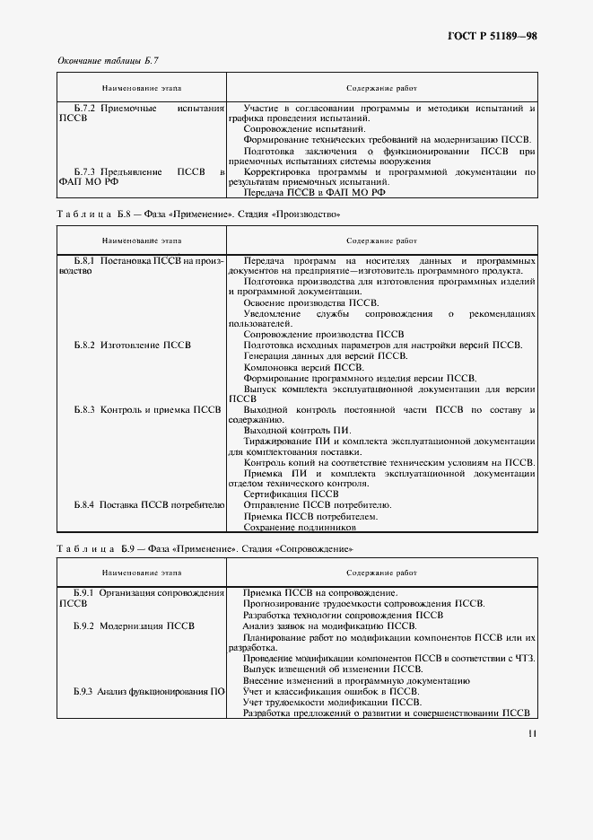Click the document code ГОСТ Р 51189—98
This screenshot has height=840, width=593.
point(493,36)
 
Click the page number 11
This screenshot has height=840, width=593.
point(532,733)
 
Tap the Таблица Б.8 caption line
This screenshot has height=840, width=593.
point(198,214)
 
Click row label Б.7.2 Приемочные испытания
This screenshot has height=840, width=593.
point(141,113)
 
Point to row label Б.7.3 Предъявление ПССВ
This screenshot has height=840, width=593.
point(141,175)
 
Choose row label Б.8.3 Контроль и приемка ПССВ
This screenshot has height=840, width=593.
point(147,409)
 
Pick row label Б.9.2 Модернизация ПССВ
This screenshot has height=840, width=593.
point(135,626)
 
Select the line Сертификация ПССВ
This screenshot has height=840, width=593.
point(291,494)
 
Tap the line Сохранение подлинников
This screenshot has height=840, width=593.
point(299,528)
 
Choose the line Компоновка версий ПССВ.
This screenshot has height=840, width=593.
point(303,366)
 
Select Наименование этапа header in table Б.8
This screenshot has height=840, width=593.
point(141,241)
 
